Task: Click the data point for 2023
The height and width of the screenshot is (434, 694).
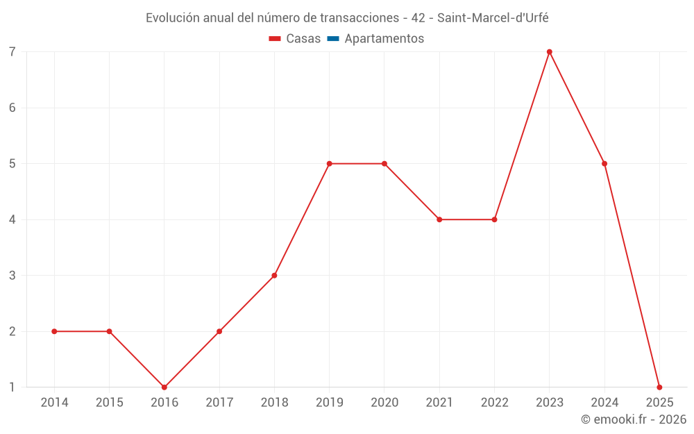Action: pos(549,52)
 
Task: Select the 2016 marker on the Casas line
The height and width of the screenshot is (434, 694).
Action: pos(164,387)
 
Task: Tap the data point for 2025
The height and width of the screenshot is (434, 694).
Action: pos(659,387)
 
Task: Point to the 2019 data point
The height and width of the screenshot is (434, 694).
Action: pos(329,164)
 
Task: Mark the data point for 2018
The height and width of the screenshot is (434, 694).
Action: pos(274,276)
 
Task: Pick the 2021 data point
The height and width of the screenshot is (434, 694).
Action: pos(439,219)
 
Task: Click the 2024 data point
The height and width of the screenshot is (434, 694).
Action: pos(604,164)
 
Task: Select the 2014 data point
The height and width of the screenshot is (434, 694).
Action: pos(54,331)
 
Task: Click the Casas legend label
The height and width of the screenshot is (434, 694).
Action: pos(303,39)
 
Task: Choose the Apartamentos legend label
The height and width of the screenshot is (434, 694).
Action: pos(384,39)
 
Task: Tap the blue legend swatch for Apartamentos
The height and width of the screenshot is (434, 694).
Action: pos(332,39)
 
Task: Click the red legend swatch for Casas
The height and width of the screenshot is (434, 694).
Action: pos(274,39)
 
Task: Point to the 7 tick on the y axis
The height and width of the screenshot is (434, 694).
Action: pos(12,52)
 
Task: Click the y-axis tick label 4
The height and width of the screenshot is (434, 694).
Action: pos(12,219)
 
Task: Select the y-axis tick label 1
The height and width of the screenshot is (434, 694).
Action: pos(12,387)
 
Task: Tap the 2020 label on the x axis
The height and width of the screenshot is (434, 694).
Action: pos(384,403)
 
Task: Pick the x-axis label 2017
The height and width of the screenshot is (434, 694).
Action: pos(219,403)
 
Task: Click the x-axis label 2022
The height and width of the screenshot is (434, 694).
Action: pos(494,403)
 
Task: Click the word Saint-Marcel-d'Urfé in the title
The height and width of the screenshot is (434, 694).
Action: pos(493,18)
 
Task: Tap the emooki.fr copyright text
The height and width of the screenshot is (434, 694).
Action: pos(633,419)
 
